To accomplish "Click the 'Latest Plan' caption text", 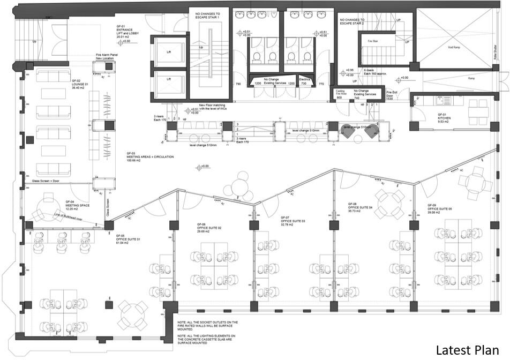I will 468,349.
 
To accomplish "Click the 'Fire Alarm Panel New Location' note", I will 106,56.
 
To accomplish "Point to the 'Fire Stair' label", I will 373,41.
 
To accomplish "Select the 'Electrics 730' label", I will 305,81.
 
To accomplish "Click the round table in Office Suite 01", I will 132,311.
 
